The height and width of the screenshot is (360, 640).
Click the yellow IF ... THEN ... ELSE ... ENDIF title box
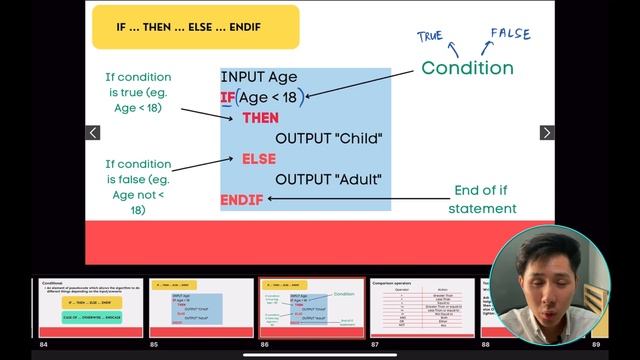(195, 27)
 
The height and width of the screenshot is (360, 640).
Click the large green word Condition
(467, 68)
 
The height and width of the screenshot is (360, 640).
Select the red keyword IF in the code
(227, 97)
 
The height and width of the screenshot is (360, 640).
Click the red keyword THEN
(260, 118)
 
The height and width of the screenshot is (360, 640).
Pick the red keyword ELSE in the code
(258, 159)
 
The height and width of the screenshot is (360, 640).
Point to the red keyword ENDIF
(242, 200)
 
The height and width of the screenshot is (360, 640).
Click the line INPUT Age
(258, 76)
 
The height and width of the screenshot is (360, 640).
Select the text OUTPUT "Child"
(329, 138)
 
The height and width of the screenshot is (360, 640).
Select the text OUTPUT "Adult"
(329, 180)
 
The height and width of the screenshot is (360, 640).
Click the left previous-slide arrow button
(93, 133)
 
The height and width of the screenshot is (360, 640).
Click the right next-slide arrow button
(547, 133)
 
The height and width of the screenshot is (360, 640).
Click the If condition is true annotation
(138, 94)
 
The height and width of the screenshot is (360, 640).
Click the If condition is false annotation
(138, 187)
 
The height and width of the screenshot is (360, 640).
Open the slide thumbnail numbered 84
(90, 308)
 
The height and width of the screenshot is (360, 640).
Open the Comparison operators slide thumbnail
(421, 308)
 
